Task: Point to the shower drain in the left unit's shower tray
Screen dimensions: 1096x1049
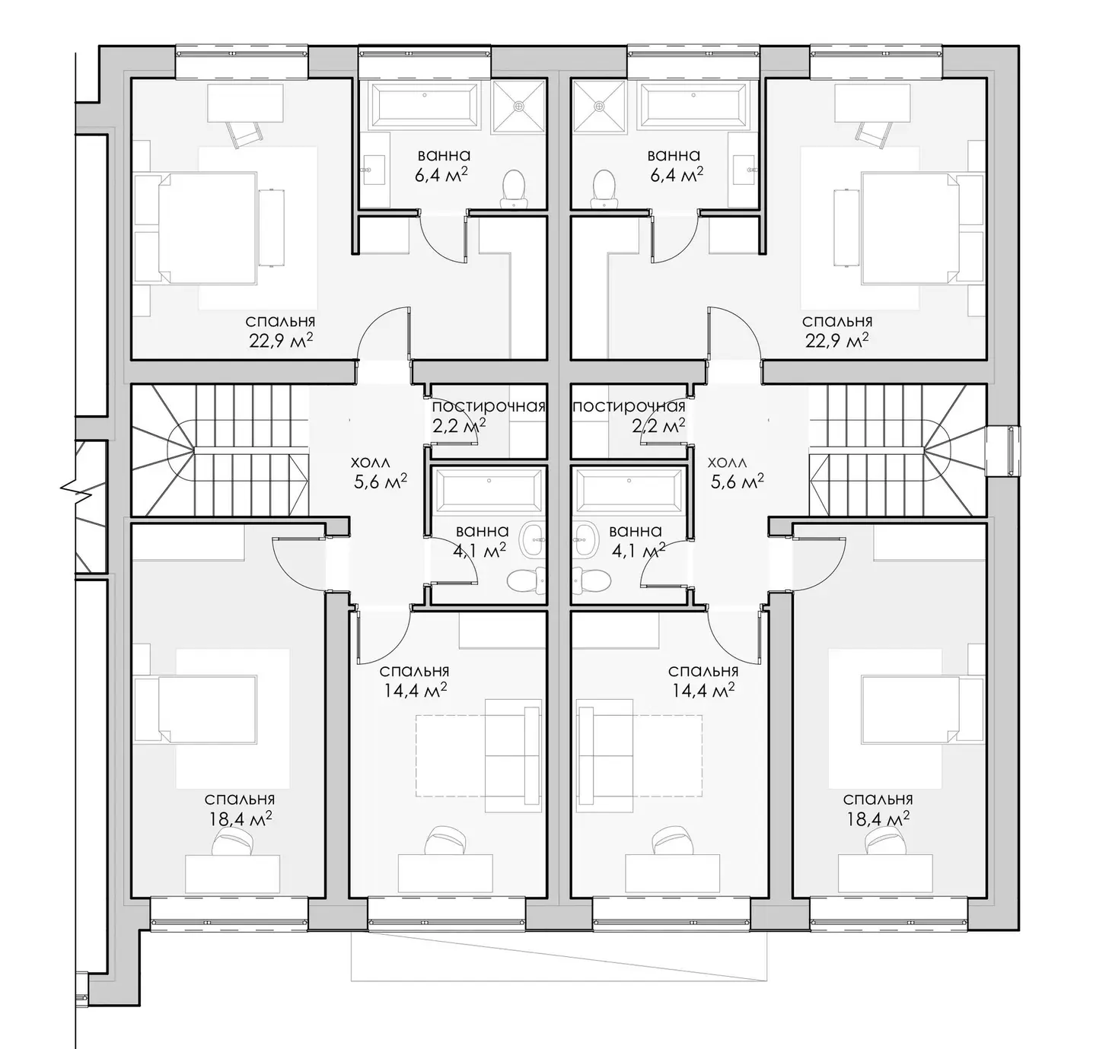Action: coord(519,105)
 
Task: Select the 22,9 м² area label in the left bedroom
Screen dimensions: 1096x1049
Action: coord(281,341)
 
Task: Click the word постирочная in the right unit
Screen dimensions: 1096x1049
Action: coord(629,406)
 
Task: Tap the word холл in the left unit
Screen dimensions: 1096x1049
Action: coord(369,463)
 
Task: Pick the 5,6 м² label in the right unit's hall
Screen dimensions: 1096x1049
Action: coord(737,482)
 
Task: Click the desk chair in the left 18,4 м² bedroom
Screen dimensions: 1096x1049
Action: coord(232,842)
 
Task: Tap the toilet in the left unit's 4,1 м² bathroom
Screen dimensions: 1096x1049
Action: coord(526,580)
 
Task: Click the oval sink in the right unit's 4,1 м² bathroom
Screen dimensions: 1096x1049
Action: coord(585,539)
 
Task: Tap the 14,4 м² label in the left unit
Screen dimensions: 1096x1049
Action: coord(415,690)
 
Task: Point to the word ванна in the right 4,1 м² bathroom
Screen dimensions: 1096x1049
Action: coord(635,531)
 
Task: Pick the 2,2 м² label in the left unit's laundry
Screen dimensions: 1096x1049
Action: coord(459,425)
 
